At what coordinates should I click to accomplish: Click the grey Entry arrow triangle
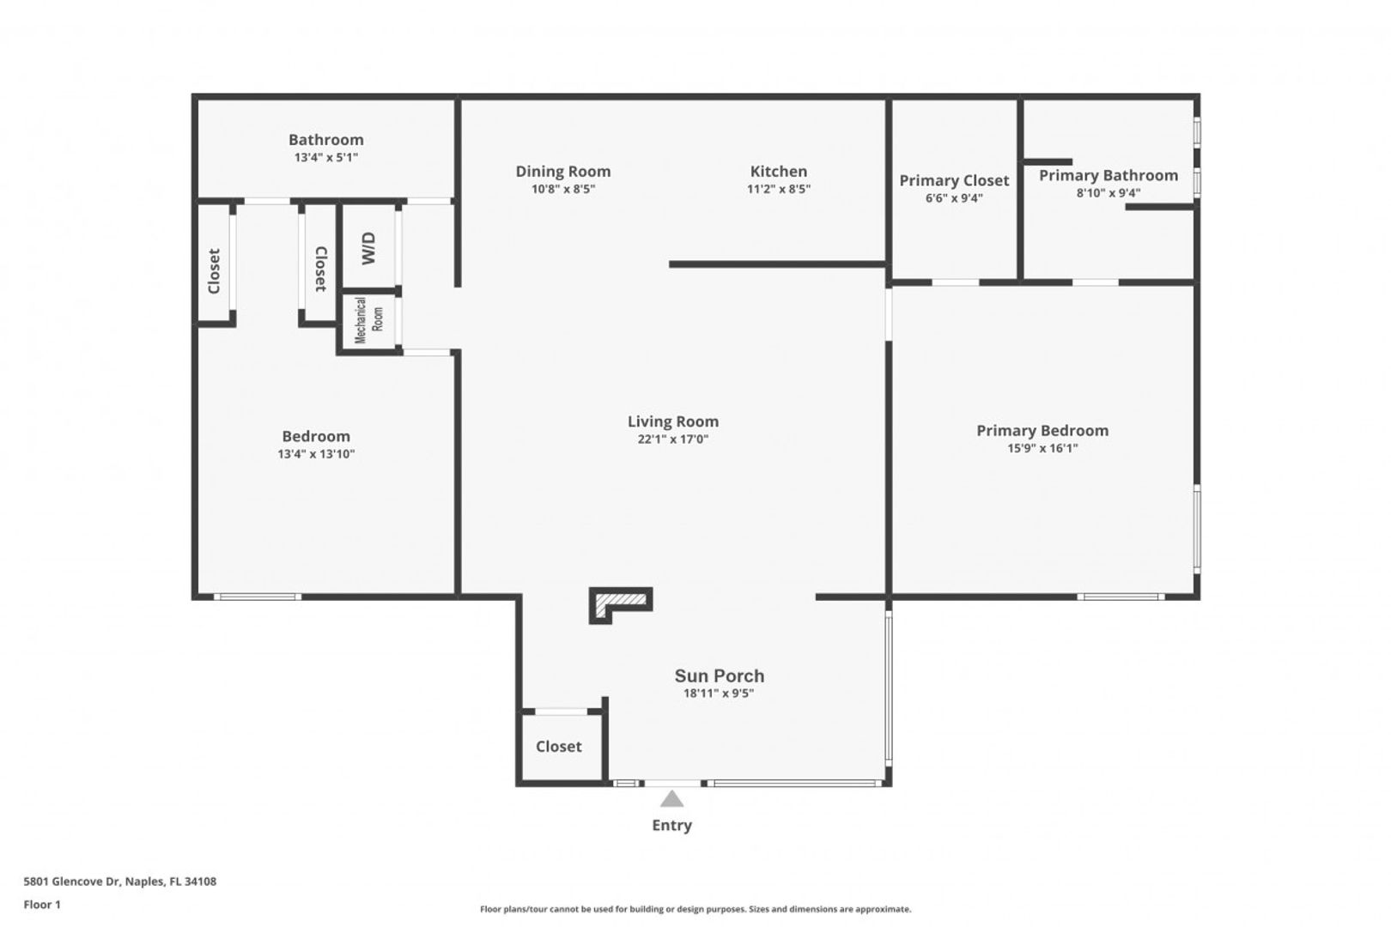672,798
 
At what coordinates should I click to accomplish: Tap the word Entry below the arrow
672,825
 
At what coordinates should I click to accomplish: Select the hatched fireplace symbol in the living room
621,605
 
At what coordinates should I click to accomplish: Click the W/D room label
369,248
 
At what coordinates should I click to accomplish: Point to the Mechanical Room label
369,320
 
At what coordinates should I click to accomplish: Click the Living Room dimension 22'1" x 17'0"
673,439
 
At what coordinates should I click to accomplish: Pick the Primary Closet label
955,181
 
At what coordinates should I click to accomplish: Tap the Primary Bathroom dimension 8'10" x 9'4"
1109,193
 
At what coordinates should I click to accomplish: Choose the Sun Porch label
720,676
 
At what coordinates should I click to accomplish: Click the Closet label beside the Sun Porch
559,746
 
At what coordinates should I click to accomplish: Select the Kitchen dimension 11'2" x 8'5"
779,189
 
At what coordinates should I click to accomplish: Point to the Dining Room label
563,172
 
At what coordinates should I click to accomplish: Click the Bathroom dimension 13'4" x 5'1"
326,158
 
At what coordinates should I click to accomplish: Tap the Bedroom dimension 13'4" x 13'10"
316,454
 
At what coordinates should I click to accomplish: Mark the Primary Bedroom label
1042,431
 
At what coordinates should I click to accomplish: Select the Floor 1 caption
42,905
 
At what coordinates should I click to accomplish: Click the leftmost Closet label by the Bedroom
214,271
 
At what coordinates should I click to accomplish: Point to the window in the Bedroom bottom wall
257,597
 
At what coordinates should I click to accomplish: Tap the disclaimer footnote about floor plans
695,909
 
